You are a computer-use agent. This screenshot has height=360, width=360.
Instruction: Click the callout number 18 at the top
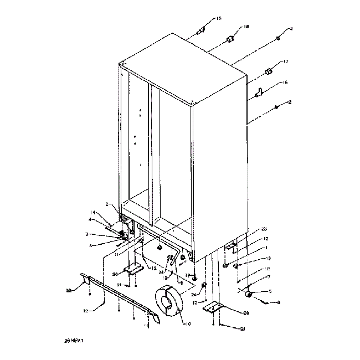pos(246,27)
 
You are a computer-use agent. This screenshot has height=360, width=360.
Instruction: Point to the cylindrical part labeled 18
pos(229,39)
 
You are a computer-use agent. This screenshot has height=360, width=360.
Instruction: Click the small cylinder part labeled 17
pos(270,71)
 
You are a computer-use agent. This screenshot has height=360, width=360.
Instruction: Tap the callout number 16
pos(286,83)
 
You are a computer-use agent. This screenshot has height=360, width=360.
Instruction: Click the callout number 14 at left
pos(94,212)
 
